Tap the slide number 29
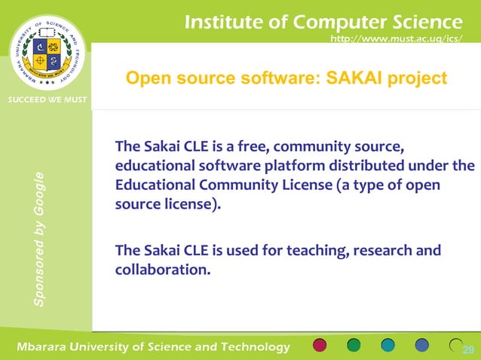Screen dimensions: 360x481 (468, 349)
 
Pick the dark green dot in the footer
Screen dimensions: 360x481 (354, 346)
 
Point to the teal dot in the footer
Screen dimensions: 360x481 (388, 346)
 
